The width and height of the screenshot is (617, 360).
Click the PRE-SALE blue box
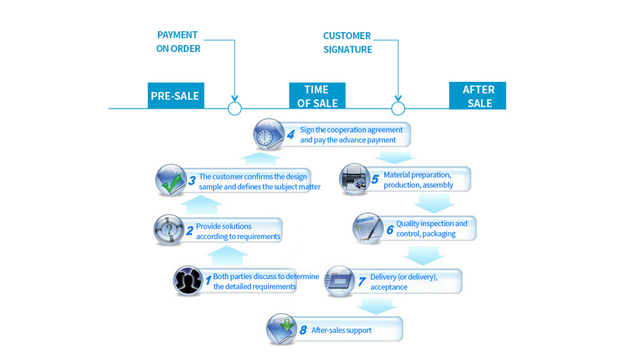click(x=176, y=95)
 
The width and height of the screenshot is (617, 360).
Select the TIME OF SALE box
click(x=317, y=96)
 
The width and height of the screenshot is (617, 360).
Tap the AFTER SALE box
click(x=478, y=96)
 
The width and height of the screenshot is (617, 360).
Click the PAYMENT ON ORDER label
click(x=178, y=42)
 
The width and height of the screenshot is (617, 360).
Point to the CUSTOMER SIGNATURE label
click(x=348, y=43)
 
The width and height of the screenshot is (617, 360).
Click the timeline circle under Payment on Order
click(x=235, y=109)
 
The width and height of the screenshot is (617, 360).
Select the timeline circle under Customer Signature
click(x=398, y=109)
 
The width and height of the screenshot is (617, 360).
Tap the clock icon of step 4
click(x=268, y=135)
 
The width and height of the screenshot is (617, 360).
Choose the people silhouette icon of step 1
click(x=188, y=281)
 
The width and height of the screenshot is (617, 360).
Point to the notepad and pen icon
click(x=368, y=228)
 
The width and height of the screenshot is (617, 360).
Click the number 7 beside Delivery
click(x=361, y=282)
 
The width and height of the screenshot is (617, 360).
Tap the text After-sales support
click(x=341, y=330)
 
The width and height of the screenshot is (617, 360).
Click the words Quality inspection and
click(x=431, y=224)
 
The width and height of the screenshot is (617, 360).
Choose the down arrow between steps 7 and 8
click(x=376, y=306)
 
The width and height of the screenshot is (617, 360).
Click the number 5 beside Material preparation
click(x=375, y=180)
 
